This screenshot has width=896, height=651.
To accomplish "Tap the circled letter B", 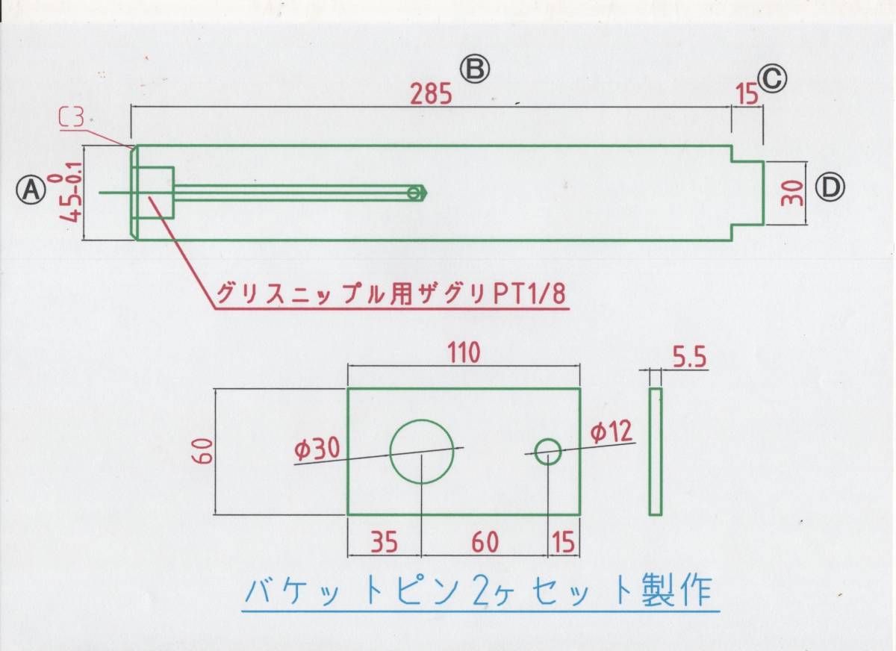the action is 474,69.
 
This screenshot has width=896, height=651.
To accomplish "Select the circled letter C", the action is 772,77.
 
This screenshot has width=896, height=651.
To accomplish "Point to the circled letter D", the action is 829,187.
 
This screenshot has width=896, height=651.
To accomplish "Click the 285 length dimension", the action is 432,94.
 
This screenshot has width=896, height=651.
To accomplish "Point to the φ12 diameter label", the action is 610,432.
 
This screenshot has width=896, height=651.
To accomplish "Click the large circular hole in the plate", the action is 422,451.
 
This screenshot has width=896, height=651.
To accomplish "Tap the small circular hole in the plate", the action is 548,451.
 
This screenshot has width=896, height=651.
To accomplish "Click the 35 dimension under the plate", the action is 384,542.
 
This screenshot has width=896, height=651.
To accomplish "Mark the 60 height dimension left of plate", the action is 207,451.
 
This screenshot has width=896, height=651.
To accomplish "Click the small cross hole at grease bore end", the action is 413,193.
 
